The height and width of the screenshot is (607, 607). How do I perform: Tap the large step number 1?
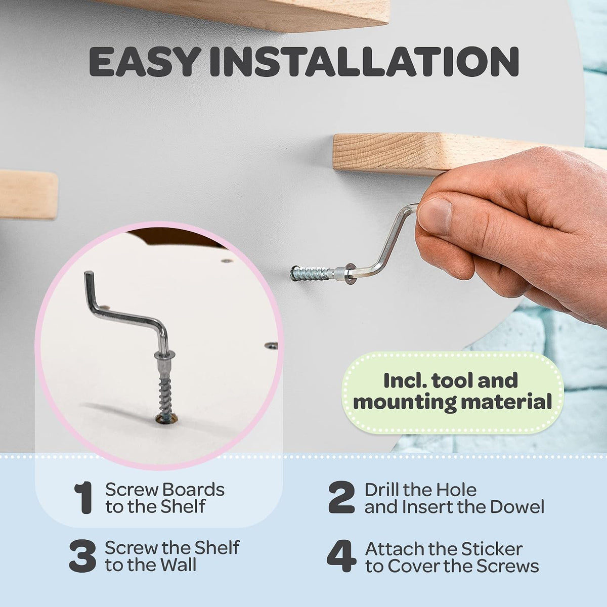coord(84,498)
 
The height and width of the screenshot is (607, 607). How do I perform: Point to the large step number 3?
coord(82,556)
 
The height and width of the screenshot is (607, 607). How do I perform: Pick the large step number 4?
coord(341,556)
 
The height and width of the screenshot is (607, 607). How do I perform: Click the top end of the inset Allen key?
coord(89,274)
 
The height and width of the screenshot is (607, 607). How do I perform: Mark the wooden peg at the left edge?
coord(28,194)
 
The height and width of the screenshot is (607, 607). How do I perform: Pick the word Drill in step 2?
coord(381,490)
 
